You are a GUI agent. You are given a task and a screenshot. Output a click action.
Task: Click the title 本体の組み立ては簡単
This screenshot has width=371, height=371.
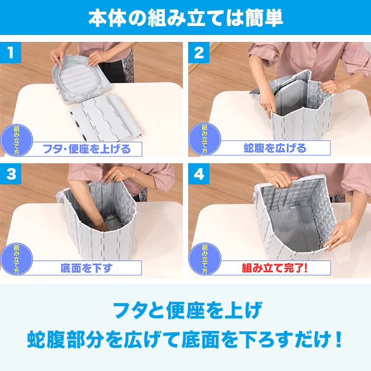(185, 17)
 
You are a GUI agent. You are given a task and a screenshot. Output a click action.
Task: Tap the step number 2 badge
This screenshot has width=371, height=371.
(199, 53)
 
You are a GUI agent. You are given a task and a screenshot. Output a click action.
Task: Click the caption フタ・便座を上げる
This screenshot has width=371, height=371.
(86, 148)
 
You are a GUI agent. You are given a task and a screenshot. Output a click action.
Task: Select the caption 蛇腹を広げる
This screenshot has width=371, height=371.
(275, 148)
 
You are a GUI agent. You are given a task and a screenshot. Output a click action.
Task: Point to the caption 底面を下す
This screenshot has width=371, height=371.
(86, 268)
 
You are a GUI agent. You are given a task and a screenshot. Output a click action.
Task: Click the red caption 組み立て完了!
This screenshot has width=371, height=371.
(275, 268)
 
